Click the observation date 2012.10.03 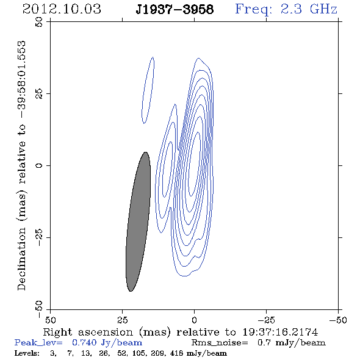pyautogui.click(x=62, y=9)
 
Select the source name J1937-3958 pyautogui.click(x=175, y=10)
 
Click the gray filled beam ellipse pyautogui.click(x=139, y=221)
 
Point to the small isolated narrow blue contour pyautogui.click(x=148, y=90)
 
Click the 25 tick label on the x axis pyautogui.click(x=122, y=320)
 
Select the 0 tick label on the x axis pyautogui.click(x=194, y=320)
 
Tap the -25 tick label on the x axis pyautogui.click(x=266, y=320)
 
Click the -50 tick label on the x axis pyautogui.click(x=338, y=320)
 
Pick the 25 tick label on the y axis pyautogui.click(x=39, y=94)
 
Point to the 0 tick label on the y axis pyautogui.click(x=39, y=165)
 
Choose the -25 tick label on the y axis pyautogui.click(x=39, y=237)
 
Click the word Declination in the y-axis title pyautogui.click(x=21, y=259)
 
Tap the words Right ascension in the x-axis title pyautogui.click(x=88, y=332)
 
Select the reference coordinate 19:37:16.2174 pyautogui.click(x=280, y=332)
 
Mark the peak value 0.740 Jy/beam pyautogui.click(x=107, y=343)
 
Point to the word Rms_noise pyautogui.click(x=220, y=343)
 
